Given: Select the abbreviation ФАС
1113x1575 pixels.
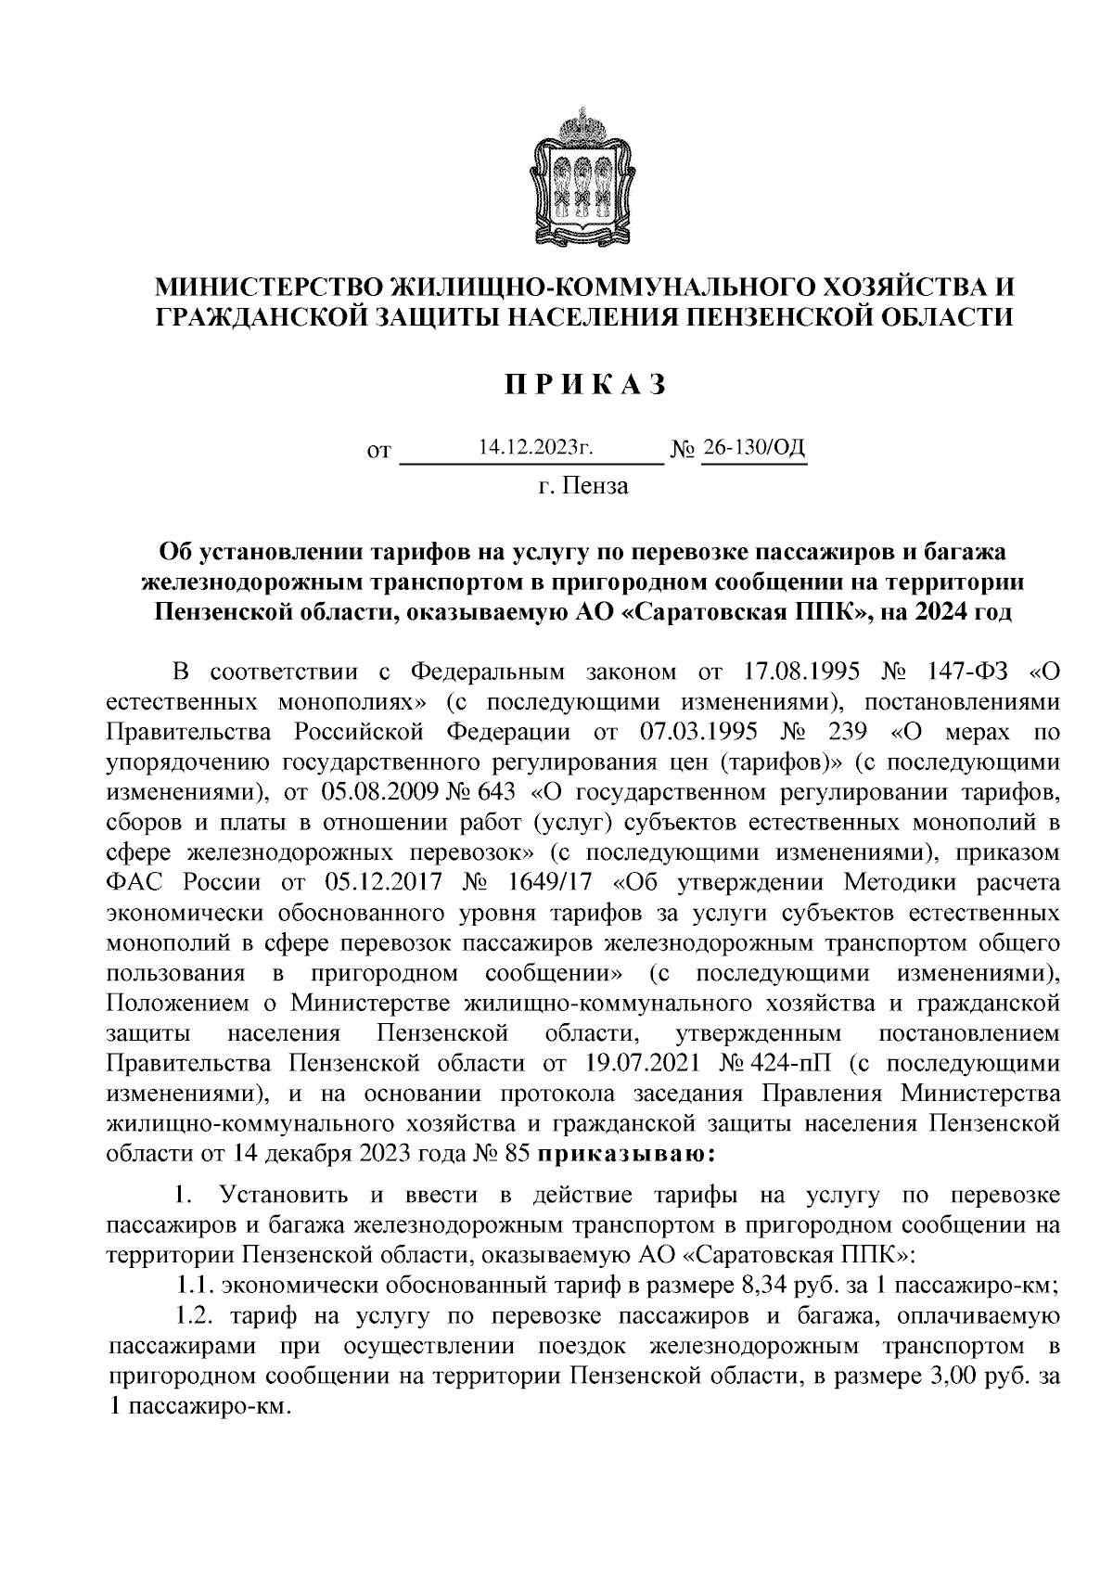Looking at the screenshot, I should point(135,882).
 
